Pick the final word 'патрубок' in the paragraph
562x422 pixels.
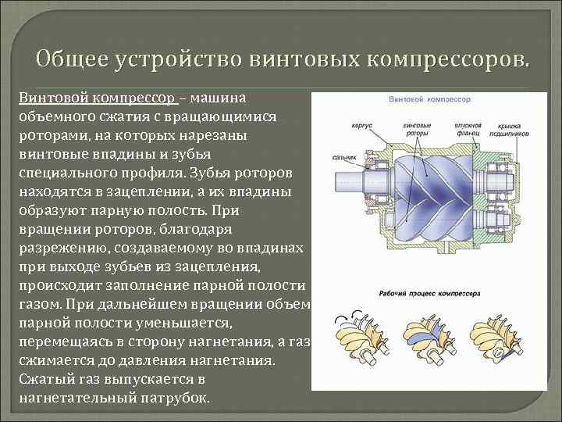pyautogui.click(x=178, y=397)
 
